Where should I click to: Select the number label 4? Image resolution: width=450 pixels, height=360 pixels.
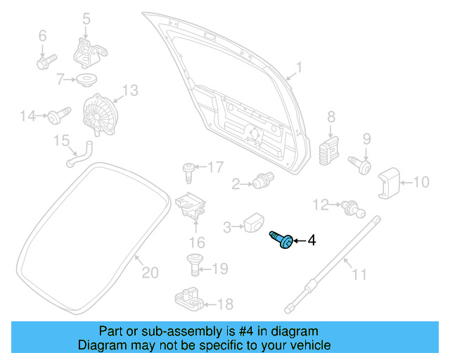[x=311, y=240]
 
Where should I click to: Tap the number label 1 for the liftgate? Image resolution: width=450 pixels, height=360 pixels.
[x=298, y=67]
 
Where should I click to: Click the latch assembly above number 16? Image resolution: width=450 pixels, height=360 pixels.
[x=191, y=205]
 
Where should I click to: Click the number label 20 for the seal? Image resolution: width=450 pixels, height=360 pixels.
[x=150, y=272]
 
